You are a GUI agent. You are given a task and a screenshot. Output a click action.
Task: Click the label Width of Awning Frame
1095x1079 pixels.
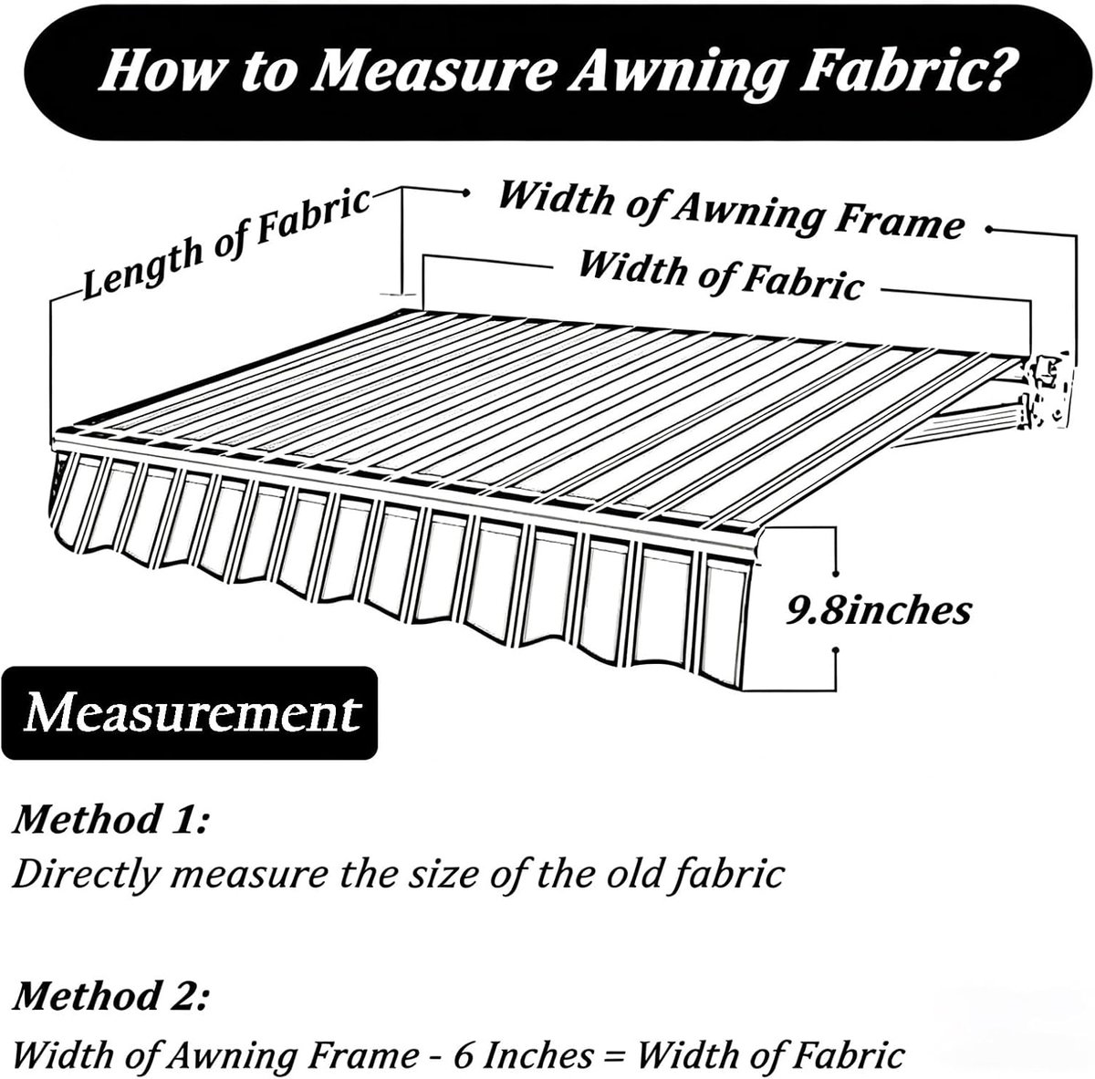731,210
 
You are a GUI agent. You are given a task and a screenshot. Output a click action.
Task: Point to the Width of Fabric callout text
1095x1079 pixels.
721,275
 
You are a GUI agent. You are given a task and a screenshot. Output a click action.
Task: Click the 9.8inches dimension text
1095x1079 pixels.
879,611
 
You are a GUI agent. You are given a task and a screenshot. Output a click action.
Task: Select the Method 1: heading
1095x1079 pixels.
110,819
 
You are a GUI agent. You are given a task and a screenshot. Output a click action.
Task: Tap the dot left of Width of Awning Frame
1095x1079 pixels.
466,193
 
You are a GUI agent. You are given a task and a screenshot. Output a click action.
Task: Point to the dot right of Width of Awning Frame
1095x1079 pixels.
989,230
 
